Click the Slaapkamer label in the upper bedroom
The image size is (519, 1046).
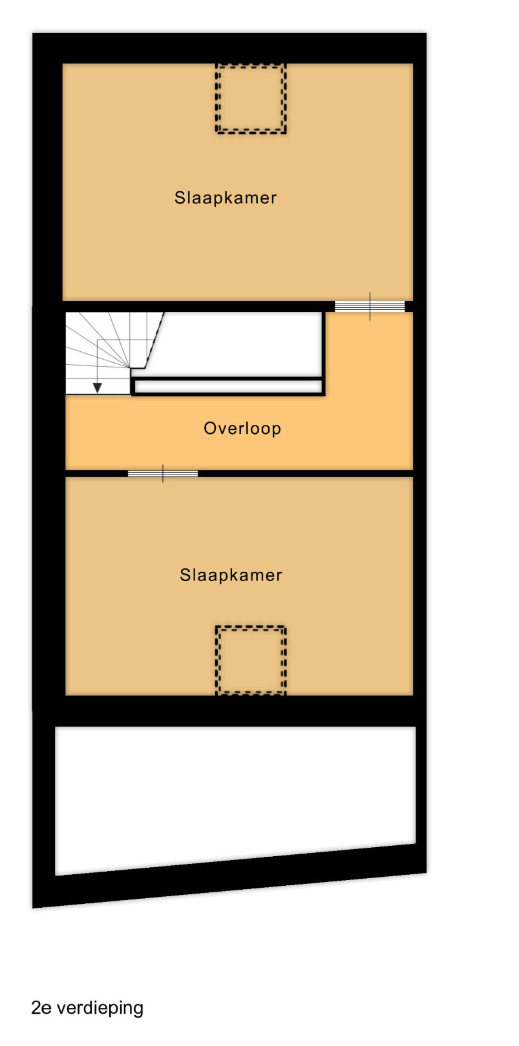click(x=226, y=198)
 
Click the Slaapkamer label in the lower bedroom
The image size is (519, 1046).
click(x=231, y=575)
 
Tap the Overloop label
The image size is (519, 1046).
click(x=242, y=428)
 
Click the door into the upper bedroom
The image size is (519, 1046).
click(x=370, y=306)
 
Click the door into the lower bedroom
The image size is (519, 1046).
click(x=163, y=473)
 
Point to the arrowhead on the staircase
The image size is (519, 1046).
click(x=97, y=387)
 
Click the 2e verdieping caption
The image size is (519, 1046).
click(x=87, y=1008)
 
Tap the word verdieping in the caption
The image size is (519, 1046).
click(x=100, y=1008)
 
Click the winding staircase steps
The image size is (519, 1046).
click(x=107, y=353)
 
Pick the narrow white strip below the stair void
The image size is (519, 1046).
click(x=228, y=386)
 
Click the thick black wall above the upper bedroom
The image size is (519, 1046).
click(x=229, y=48)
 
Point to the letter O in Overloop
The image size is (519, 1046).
click(x=209, y=428)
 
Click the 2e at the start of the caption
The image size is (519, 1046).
click(x=41, y=1007)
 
